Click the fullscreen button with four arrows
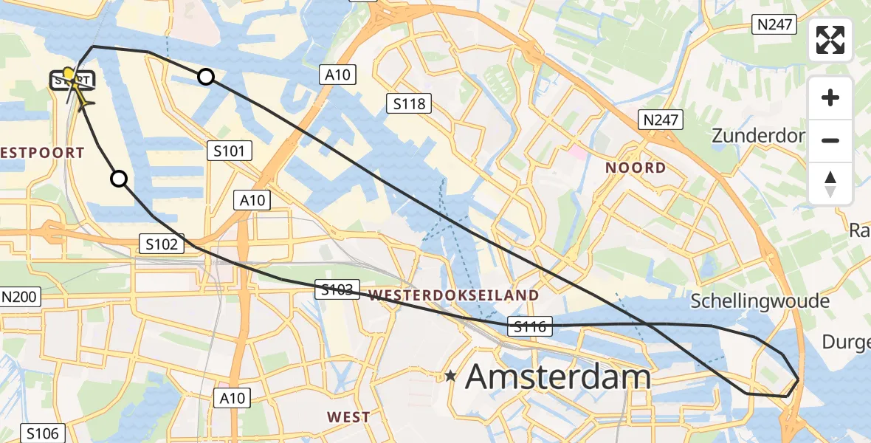[830, 40]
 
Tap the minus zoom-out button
[830, 140]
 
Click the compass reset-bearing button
[830, 184]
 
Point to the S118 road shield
[410, 103]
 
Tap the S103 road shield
[337, 289]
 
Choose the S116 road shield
[531, 326]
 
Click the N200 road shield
[19, 298]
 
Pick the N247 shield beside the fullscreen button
[775, 24]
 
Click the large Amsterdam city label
[558, 377]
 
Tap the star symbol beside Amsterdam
[450, 377]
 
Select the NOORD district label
[636, 168]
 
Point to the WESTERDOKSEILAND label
[453, 295]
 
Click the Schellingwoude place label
[760, 301]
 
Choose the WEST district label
[348, 417]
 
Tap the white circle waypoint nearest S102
[118, 178]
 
